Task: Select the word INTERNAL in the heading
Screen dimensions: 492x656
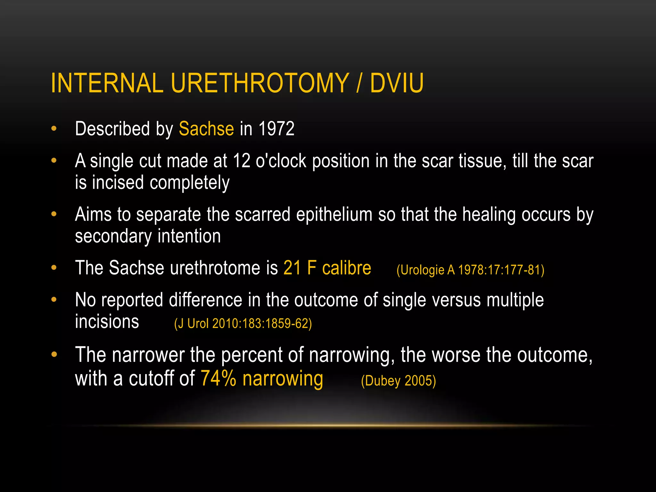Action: click(x=107, y=83)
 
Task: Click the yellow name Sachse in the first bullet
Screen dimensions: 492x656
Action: click(x=206, y=129)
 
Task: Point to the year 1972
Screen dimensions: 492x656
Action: click(x=276, y=129)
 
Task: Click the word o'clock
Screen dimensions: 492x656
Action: click(x=281, y=161)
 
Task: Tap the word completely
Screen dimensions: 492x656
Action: click(x=190, y=183)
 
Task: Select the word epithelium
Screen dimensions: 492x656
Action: click(x=334, y=214)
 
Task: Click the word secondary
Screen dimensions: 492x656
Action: click(x=113, y=236)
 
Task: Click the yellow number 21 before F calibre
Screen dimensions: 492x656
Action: click(x=292, y=268)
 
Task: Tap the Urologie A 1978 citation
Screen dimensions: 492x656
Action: click(x=470, y=270)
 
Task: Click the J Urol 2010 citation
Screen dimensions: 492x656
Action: click(x=243, y=324)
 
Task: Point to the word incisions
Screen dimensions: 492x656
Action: click(x=107, y=322)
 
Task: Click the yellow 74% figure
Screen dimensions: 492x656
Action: click(x=218, y=379)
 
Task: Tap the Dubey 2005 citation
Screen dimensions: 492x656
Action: click(x=398, y=381)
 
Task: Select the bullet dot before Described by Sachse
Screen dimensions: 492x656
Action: click(x=54, y=129)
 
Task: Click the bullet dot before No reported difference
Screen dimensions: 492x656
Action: click(x=54, y=300)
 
